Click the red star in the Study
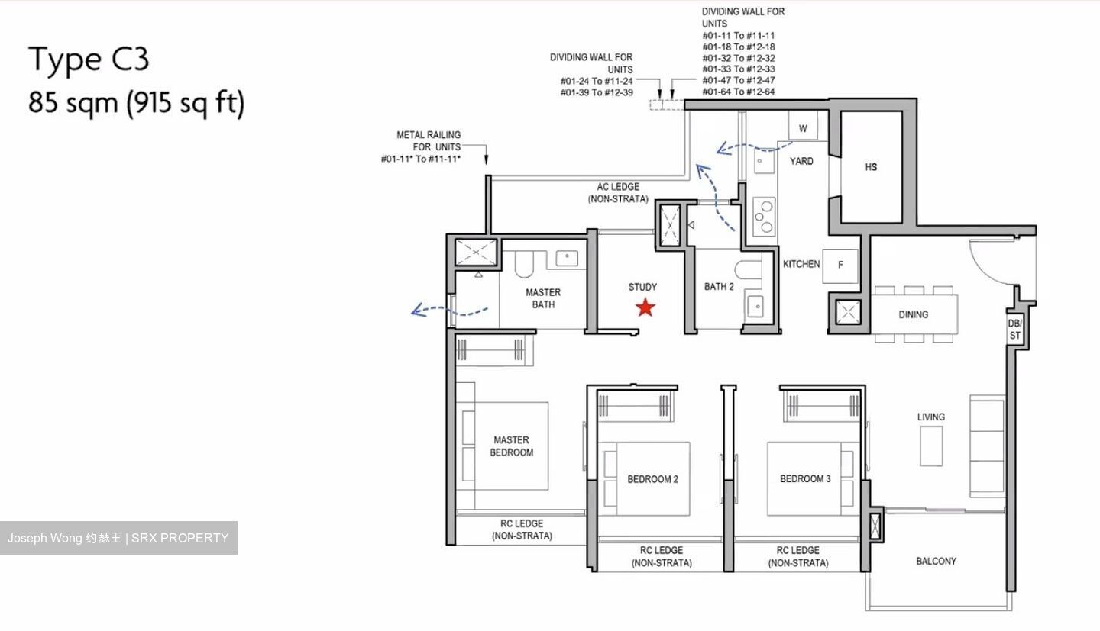[645, 307]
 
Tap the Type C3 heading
[89, 60]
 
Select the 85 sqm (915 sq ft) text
[136, 102]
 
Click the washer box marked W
[803, 128]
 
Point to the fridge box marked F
[840, 266]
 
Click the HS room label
[871, 167]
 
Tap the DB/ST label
[1014, 330]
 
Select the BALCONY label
[936, 561]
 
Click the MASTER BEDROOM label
[511, 446]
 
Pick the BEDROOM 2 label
[652, 479]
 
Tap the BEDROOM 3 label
[805, 478]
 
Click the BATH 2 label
[719, 287]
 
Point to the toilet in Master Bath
[524, 263]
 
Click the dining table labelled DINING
[914, 314]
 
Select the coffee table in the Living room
[930, 446]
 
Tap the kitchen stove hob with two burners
[763, 215]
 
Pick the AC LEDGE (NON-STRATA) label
[618, 193]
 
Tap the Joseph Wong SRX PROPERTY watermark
[118, 538]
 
